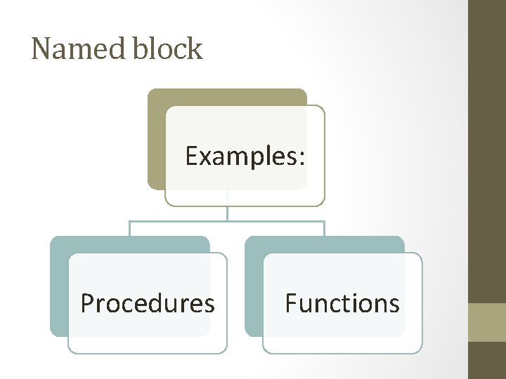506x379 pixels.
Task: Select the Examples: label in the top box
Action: (x=245, y=156)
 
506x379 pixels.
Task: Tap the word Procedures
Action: (x=148, y=303)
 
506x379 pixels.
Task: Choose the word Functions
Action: (x=342, y=303)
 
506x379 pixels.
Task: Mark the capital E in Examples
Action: (x=191, y=156)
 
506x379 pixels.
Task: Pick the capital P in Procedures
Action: (x=87, y=303)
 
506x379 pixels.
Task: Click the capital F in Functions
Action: (x=290, y=303)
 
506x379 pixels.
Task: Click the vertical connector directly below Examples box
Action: (x=228, y=213)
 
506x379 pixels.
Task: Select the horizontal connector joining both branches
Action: (x=227, y=221)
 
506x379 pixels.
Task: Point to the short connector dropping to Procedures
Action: (x=130, y=228)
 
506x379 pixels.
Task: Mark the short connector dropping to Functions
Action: (x=324, y=228)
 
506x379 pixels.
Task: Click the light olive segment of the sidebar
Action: (x=487, y=322)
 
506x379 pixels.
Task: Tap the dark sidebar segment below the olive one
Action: (x=487, y=360)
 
